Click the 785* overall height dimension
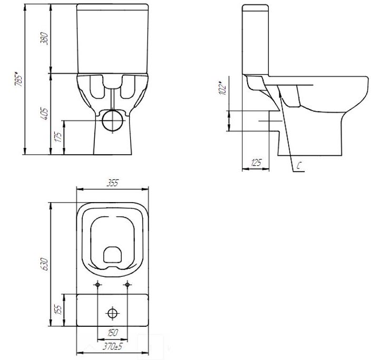coord(19,79)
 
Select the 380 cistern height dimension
coord(44,38)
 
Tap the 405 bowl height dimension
coord(44,114)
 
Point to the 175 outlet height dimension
coord(58,137)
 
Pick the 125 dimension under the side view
coord(256,163)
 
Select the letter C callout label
coord(299,166)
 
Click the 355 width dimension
coord(112,183)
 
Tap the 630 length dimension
coord(44,264)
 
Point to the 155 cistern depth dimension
coord(58,310)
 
